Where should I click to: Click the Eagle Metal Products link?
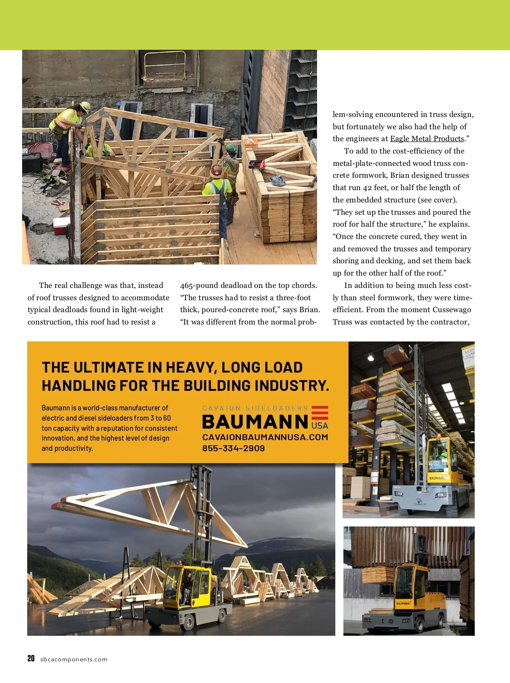click(427, 139)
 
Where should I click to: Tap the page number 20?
click(31, 659)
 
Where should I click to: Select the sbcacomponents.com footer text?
click(74, 660)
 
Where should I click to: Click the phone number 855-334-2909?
click(233, 448)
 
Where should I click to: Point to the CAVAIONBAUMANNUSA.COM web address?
click(265, 437)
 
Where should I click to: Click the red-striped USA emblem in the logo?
click(320, 418)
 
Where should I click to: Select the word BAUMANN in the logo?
click(255, 422)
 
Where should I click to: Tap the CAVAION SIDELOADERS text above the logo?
click(255, 408)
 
